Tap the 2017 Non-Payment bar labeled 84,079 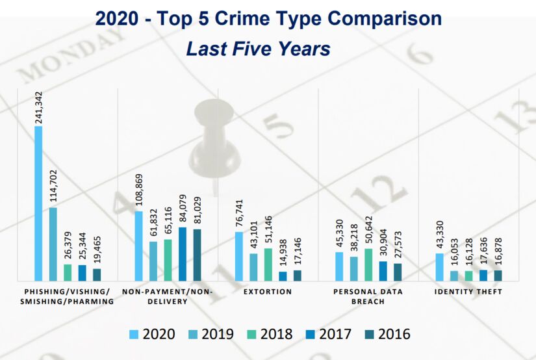pos(183,253)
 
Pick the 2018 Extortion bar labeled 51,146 pos(268,264)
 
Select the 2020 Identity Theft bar pos(440,266)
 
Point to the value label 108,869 pos(139,188)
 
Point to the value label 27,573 pos(398,244)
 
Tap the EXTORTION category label pos(268,292)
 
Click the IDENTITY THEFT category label pos(468,292)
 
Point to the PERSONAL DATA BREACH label pos(368,296)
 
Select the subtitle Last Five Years pos(258,49)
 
